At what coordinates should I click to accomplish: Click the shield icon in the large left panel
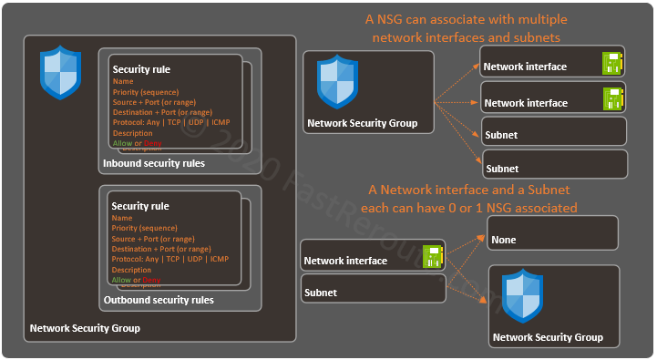coord(61,75)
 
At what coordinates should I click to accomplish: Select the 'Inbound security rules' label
coord(154,164)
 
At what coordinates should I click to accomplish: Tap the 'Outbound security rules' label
coord(159,300)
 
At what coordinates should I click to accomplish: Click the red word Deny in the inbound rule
coord(153,143)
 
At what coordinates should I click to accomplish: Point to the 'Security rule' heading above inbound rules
coord(141,69)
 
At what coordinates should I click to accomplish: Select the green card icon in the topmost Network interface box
coord(611,63)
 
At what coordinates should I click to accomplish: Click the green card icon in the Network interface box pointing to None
coord(431,257)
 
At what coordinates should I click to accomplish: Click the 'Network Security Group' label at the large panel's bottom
coord(85,328)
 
